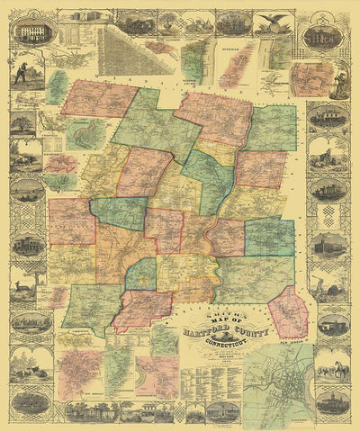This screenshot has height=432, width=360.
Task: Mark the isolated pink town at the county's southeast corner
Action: tap(290, 315)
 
